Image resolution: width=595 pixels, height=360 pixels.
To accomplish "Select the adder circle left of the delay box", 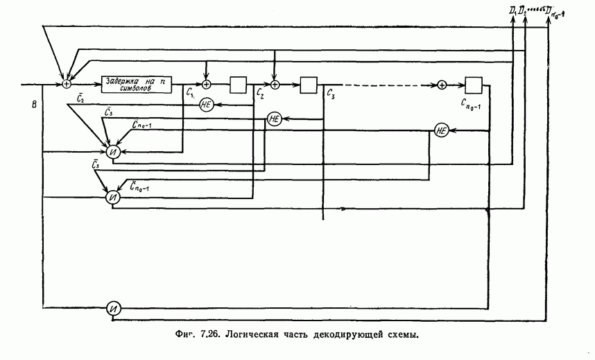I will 67,84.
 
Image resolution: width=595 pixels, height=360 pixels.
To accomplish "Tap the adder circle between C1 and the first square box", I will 206,85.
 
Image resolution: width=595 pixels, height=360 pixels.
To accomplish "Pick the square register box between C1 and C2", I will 239,85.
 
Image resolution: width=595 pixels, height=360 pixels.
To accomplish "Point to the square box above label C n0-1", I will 474,85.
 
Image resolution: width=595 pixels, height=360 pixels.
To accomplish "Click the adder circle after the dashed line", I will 442,85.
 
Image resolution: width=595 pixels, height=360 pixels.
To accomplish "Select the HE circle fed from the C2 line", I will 206,105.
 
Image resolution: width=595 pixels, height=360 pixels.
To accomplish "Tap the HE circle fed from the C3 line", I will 274,119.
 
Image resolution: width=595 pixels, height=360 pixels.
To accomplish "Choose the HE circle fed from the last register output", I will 442,130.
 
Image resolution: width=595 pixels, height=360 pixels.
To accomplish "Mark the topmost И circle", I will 113,151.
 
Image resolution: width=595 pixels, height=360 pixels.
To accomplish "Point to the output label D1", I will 513,10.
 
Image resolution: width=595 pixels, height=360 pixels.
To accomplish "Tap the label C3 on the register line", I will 331,95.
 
